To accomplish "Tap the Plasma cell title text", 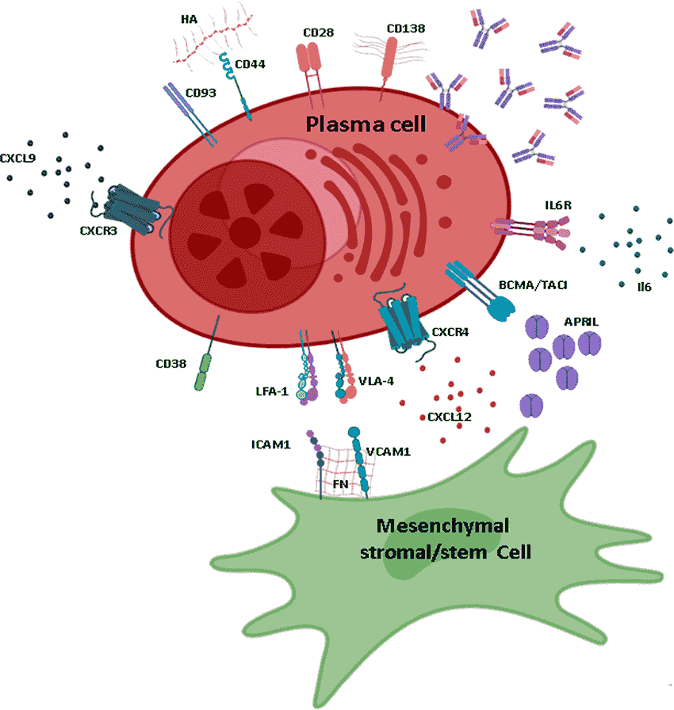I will (366, 124).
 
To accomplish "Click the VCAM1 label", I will (389, 452).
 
